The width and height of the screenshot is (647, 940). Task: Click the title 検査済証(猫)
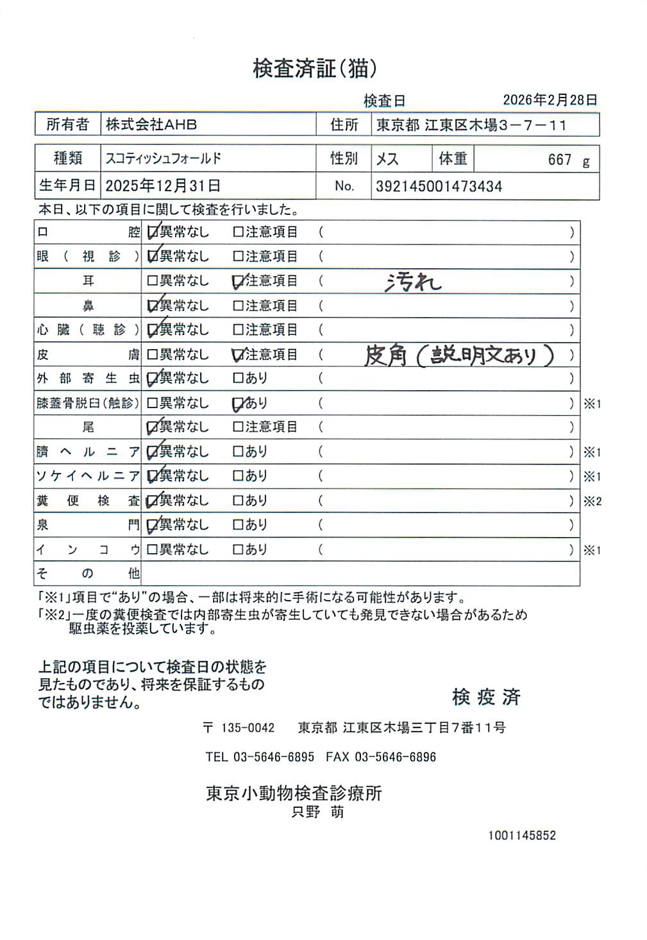click(x=314, y=69)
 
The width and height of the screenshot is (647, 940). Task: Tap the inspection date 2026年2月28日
click(x=550, y=100)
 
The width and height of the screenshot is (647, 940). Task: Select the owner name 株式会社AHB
click(x=151, y=124)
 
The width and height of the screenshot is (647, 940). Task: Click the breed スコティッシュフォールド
click(x=164, y=158)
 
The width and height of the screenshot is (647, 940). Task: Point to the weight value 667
click(x=559, y=160)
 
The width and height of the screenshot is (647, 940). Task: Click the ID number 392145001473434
click(x=439, y=187)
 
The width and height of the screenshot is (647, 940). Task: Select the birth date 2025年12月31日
click(x=163, y=186)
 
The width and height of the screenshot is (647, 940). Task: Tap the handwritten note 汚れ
click(x=414, y=282)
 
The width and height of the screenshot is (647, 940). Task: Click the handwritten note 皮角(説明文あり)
click(x=459, y=355)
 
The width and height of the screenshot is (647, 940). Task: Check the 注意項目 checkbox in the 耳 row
click(x=238, y=281)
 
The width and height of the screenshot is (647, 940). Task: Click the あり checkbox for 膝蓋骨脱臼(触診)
click(x=238, y=404)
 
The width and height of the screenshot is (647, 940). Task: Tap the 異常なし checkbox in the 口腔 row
click(x=153, y=232)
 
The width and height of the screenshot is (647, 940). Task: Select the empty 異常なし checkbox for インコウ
click(x=153, y=550)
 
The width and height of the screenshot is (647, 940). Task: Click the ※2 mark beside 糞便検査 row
click(x=592, y=501)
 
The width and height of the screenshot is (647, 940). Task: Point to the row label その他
click(x=87, y=573)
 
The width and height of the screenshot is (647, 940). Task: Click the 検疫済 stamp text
click(x=486, y=697)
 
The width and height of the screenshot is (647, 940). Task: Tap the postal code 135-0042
click(x=248, y=728)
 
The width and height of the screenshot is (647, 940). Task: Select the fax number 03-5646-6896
click(x=395, y=757)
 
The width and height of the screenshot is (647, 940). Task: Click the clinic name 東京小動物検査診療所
click(x=294, y=794)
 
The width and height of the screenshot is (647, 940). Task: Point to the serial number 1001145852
click(x=521, y=835)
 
